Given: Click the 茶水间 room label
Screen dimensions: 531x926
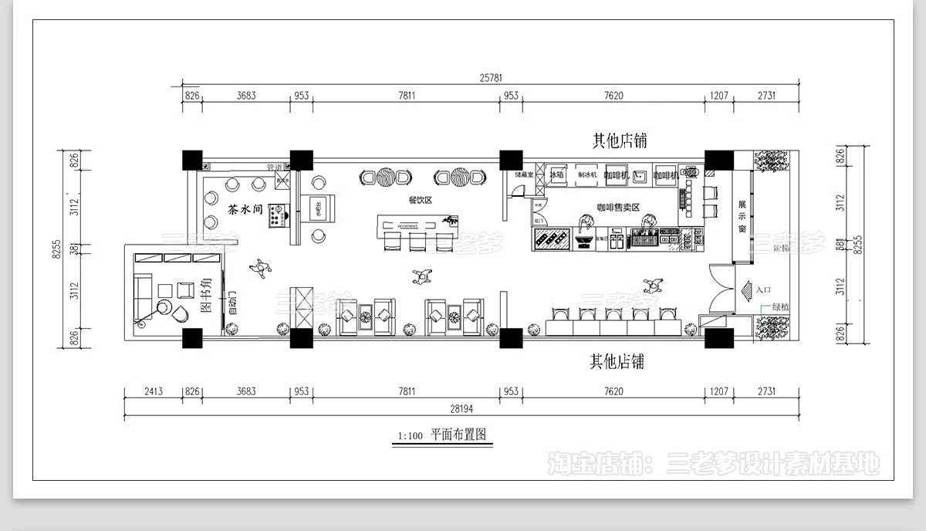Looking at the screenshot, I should [x=245, y=209].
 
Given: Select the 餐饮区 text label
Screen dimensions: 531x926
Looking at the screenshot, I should [x=421, y=200].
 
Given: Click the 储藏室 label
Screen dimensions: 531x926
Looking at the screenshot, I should [x=525, y=174].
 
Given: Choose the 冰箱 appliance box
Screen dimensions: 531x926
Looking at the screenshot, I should [x=556, y=175].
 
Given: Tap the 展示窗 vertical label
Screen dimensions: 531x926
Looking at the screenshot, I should [x=742, y=217].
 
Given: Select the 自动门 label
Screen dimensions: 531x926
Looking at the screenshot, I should [x=231, y=304].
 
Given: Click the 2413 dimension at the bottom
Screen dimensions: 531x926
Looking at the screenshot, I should [x=153, y=392].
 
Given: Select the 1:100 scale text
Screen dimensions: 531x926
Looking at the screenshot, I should [x=410, y=436].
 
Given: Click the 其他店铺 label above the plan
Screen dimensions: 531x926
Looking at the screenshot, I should [x=619, y=140].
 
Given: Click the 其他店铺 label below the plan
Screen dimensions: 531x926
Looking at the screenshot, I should [x=617, y=361].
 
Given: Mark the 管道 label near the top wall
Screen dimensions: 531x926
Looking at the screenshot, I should [x=274, y=167].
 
